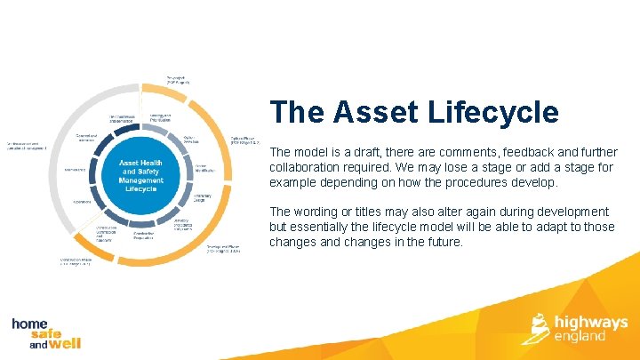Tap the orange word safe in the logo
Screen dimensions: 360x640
point(41,335)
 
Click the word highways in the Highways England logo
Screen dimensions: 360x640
point(590,322)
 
